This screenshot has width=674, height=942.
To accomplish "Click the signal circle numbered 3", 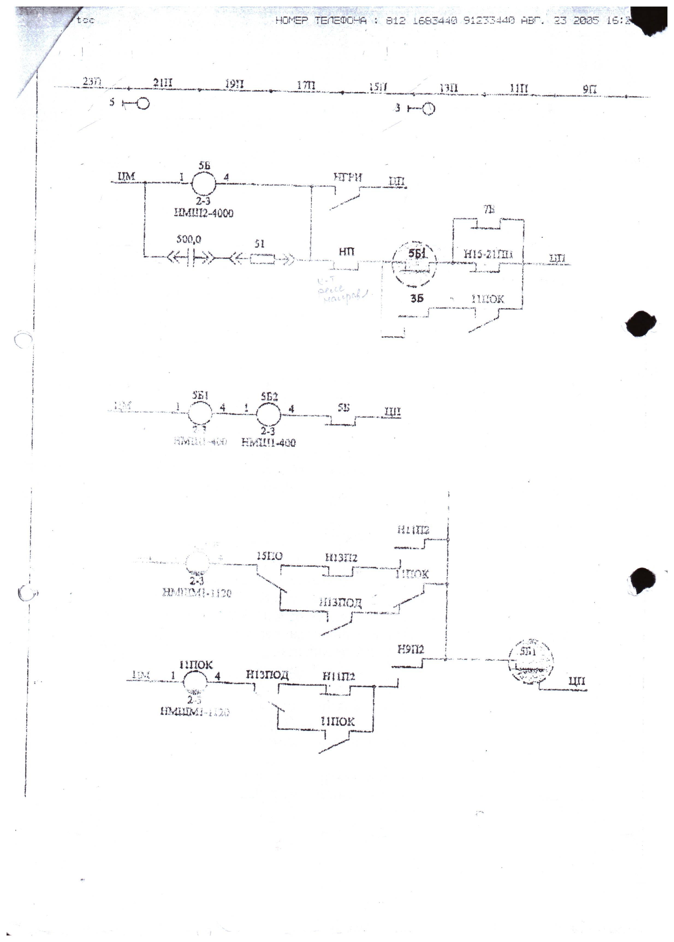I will click(x=428, y=109).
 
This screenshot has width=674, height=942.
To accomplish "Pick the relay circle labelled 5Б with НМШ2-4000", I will click(x=203, y=183).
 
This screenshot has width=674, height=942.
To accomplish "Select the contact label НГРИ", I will click(x=348, y=178).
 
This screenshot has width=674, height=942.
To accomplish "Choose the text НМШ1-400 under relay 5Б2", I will click(x=269, y=443).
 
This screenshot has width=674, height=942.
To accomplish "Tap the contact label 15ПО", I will click(x=269, y=556).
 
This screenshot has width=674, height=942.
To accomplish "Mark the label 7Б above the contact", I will click(x=489, y=209).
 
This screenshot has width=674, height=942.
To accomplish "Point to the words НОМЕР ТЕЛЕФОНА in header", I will click(x=321, y=20).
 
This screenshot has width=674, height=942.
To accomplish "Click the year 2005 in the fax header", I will click(x=586, y=20).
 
